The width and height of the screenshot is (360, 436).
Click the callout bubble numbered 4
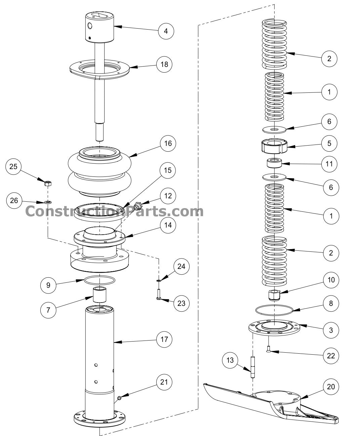click(166, 31)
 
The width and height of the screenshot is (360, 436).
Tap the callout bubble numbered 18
click(164, 64)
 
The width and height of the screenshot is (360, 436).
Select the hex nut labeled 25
click(48, 183)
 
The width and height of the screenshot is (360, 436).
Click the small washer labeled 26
click(48, 202)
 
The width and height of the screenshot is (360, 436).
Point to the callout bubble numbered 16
click(168, 144)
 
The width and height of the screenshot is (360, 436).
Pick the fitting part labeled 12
click(137, 206)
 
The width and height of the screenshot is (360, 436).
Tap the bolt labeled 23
click(159, 294)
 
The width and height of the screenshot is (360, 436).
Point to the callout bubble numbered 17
click(164, 340)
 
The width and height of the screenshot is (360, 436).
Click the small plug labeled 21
click(119, 398)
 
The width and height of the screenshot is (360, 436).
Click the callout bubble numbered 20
click(331, 387)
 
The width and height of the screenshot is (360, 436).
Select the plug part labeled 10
click(274, 295)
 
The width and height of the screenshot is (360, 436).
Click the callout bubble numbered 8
click(331, 304)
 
